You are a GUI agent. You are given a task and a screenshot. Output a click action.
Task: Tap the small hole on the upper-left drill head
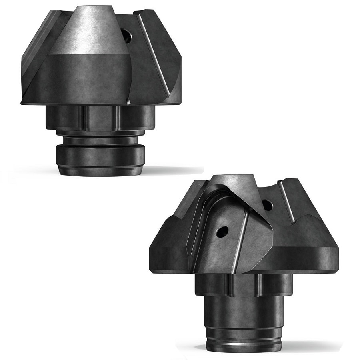tap(127, 37)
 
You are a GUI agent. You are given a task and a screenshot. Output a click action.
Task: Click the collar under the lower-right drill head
tap(244, 285)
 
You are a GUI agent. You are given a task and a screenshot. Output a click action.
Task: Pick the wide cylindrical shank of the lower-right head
tap(244, 312)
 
